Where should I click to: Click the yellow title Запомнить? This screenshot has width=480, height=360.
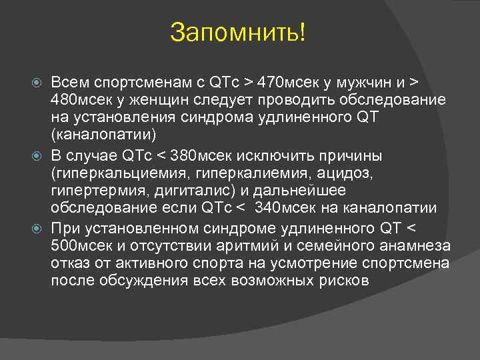click(239, 31)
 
